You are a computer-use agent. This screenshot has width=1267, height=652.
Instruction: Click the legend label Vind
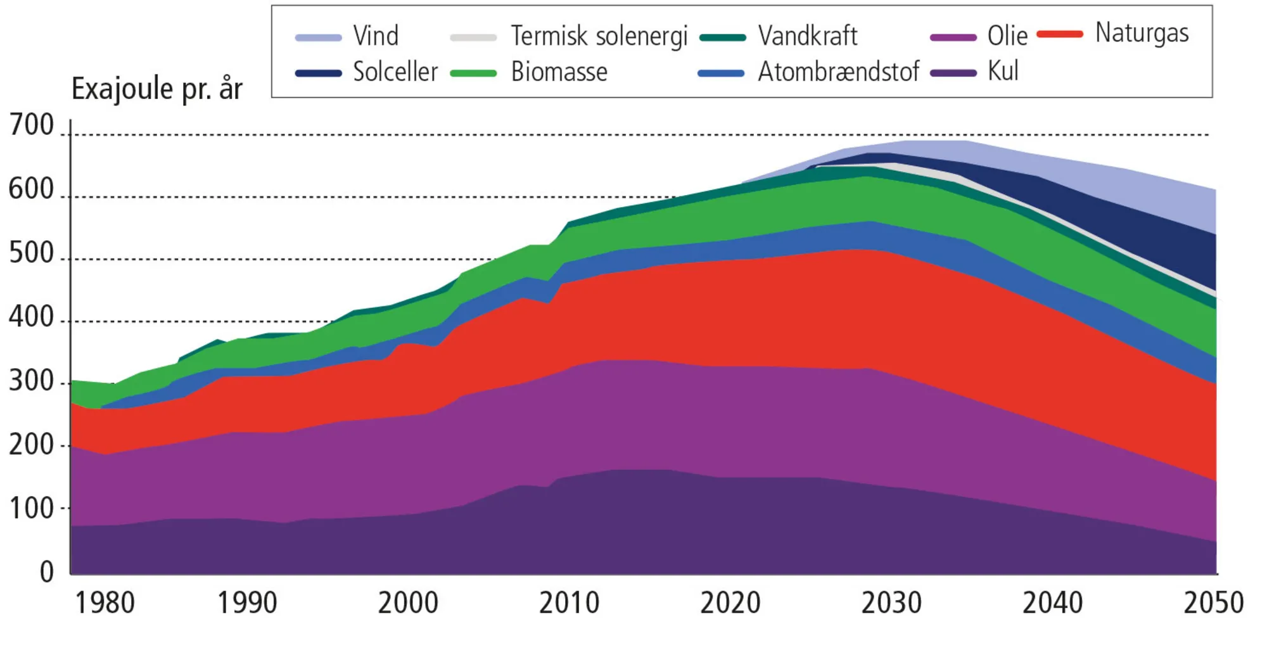click(376, 36)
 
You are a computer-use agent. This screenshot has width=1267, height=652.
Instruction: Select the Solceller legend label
click(395, 72)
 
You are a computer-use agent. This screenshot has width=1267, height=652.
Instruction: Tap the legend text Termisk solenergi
click(599, 36)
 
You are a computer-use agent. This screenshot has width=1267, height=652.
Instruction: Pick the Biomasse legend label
click(559, 72)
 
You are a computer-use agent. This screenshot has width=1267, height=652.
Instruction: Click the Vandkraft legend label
click(808, 36)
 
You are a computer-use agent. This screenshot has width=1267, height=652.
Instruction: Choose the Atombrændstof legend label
click(838, 72)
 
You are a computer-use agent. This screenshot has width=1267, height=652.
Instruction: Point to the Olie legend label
click(1007, 36)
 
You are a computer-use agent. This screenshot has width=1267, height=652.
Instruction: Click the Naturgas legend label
click(1142, 33)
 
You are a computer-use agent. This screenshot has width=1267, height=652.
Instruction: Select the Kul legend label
click(1003, 71)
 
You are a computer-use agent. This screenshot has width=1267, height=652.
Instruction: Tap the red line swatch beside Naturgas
click(1060, 34)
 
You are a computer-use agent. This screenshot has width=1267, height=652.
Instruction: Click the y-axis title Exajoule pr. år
click(156, 89)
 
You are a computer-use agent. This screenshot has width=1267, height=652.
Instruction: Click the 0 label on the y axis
click(47, 572)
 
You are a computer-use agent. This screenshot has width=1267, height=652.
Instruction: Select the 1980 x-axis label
click(105, 603)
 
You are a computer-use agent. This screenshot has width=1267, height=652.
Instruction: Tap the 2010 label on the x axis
click(569, 603)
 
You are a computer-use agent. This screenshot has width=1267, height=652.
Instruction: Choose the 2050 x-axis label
click(1213, 603)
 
